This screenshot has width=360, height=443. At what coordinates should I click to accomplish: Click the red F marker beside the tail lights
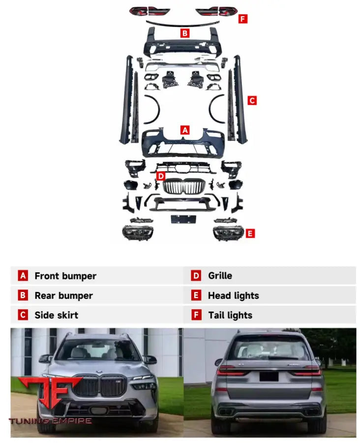(242, 19)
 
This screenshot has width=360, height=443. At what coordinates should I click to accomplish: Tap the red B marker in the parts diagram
(185, 33)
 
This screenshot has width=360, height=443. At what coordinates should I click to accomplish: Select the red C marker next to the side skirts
(252, 100)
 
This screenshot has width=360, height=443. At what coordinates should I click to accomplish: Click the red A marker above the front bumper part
(185, 130)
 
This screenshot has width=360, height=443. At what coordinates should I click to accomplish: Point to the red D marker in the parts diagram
(161, 176)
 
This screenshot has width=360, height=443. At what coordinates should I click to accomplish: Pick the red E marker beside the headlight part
(250, 233)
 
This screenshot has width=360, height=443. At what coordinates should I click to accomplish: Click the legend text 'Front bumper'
(65, 276)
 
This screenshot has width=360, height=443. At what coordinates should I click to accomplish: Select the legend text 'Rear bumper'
(63, 296)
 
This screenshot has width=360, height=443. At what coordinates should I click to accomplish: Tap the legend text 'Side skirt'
(56, 316)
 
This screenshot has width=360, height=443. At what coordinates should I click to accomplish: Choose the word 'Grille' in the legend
(220, 276)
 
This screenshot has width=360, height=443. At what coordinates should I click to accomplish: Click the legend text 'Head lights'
(233, 296)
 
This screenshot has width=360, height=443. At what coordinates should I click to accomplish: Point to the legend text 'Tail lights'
(230, 316)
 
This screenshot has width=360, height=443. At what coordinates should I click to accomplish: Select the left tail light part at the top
(150, 10)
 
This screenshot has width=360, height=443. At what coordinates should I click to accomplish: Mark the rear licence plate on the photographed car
(269, 376)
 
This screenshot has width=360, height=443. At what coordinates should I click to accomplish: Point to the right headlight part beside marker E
(228, 231)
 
